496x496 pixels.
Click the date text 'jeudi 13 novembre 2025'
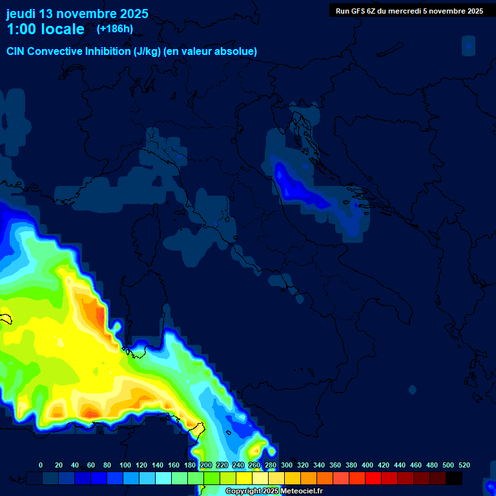tap(77, 14)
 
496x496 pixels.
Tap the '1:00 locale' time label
tap(45, 29)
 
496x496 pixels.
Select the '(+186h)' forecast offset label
tap(114, 29)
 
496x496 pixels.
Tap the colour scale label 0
tap(41, 465)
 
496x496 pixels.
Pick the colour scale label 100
tap(125, 465)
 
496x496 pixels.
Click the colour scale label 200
tap(206, 465)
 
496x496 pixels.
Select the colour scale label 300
tap(287, 465)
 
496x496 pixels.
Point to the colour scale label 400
tap(367, 465)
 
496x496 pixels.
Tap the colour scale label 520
tap(464, 465)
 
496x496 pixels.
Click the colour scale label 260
tap(254, 465)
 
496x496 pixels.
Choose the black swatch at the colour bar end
tap(454, 478)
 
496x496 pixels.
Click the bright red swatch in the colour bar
tap(373, 478)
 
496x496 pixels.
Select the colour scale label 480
tap(432, 465)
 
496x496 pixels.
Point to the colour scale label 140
tap(158, 465)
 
